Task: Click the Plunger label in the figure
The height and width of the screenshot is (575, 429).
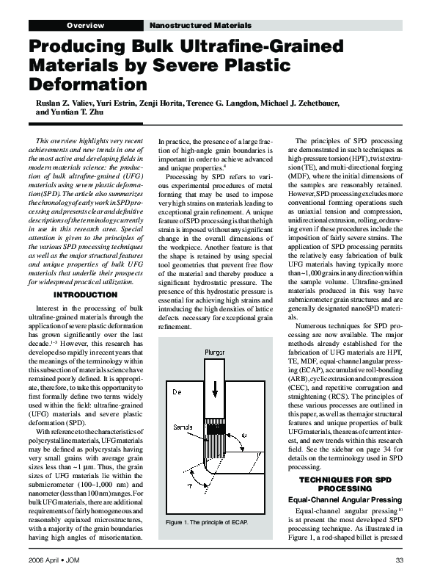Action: click(x=215, y=353)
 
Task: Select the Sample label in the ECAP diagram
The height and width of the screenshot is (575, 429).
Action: click(x=177, y=427)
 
